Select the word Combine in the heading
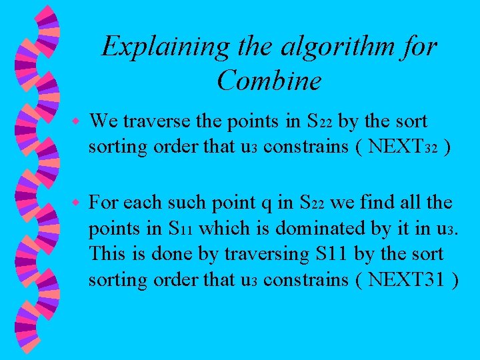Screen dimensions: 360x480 [x=269, y=81]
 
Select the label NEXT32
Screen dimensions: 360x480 [x=403, y=147]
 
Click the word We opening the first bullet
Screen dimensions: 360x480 [x=103, y=121]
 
